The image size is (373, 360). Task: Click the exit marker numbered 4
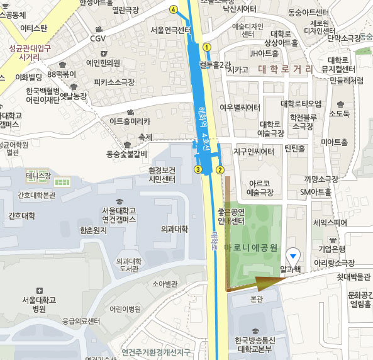174,9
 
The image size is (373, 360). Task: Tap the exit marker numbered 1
206,47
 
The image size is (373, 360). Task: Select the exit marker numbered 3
198,169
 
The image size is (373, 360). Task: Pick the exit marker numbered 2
220,169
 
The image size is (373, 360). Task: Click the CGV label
97,38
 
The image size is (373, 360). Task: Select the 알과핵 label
291,269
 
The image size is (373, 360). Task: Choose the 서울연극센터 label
171,30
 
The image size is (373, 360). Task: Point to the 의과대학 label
174,229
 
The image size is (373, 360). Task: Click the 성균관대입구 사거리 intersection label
30,52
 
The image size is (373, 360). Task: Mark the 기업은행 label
333,249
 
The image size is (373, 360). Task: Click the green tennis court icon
61,182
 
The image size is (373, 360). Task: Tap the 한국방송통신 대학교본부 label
253,345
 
